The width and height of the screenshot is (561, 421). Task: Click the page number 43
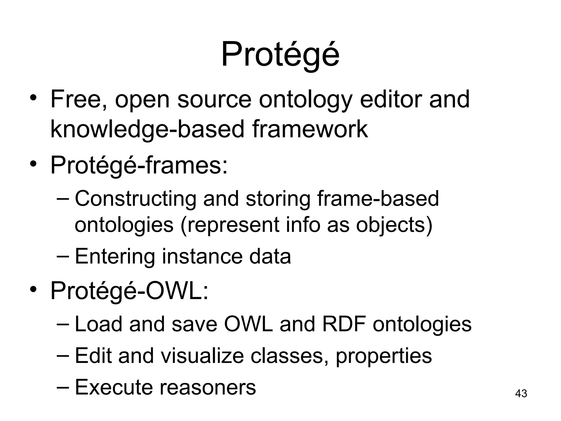[521, 393]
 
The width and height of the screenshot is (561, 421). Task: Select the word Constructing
[135, 199]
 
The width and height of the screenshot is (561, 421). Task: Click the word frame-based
[378, 198]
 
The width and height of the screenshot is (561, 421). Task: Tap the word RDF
[344, 324]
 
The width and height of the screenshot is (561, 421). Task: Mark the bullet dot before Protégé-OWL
[33, 289]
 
